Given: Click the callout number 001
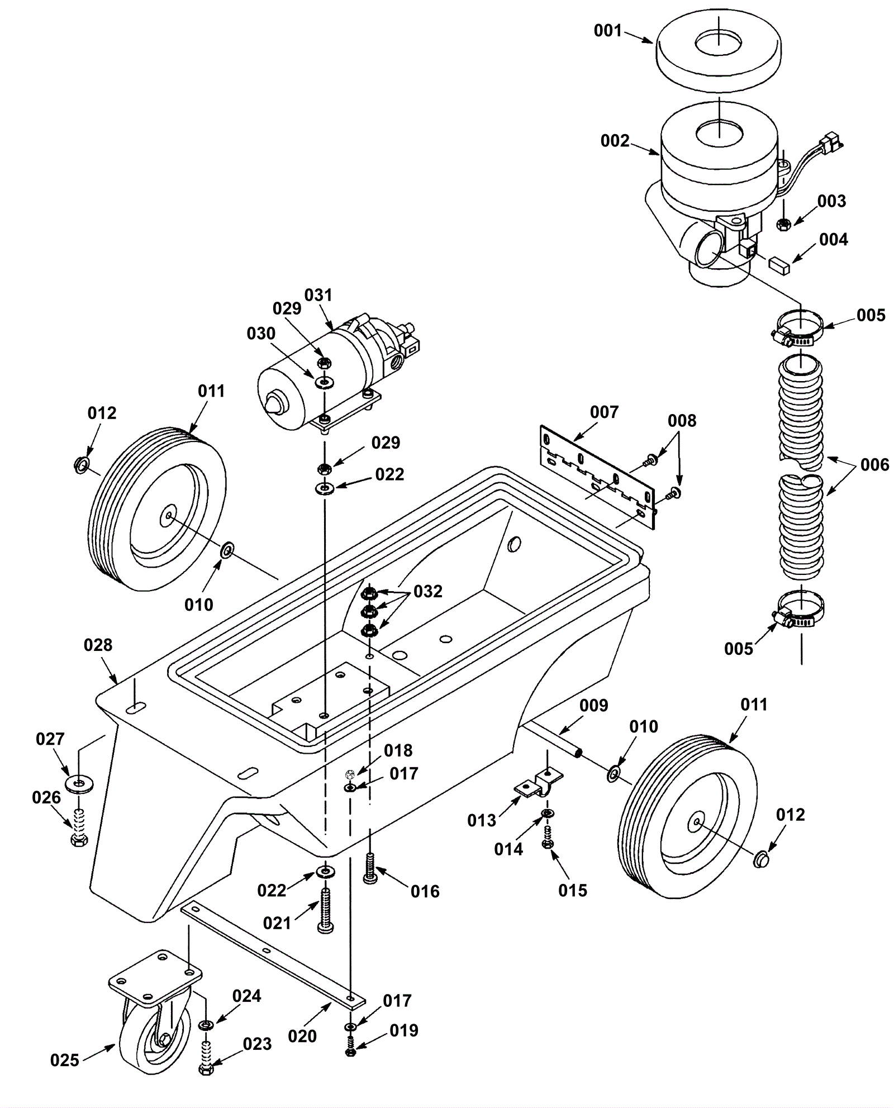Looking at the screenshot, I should point(607,31).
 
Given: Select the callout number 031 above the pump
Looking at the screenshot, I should point(318,295).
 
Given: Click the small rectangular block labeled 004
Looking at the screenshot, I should point(779,264).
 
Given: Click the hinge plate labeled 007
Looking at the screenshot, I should point(598,475).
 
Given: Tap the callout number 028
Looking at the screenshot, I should point(98,645).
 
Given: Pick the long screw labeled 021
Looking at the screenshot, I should point(326,908).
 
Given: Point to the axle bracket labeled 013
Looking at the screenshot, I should point(538,782).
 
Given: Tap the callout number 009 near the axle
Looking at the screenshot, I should point(593,706).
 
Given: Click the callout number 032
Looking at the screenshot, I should point(427,591).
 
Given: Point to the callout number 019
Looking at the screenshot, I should point(403,1030).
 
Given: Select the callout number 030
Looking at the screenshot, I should point(261,334).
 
